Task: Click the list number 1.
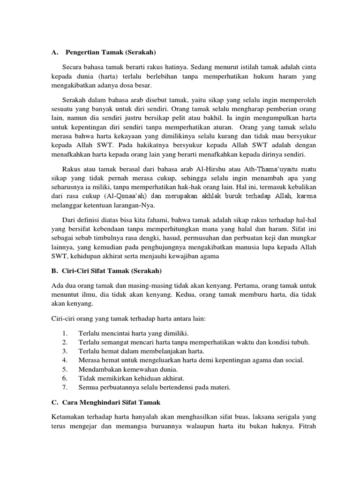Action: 65,333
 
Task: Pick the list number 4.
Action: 65,360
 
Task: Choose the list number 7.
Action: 65,387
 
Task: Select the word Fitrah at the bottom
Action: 305,426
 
